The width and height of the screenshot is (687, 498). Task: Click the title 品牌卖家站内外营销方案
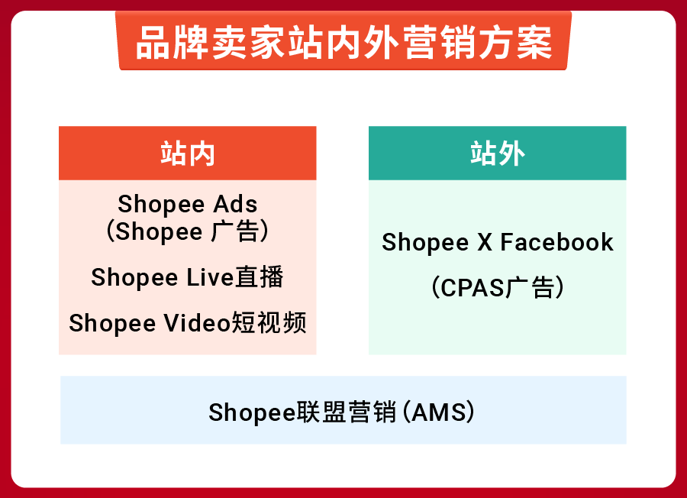[343, 44]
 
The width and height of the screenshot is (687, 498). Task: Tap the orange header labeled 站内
[188, 154]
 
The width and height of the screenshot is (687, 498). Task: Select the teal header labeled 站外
[497, 154]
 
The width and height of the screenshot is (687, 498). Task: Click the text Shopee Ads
[188, 204]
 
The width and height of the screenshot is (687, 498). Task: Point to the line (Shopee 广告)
[188, 231]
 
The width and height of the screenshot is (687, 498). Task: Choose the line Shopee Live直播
[188, 276]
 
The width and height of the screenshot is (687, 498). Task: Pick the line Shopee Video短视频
[188, 323]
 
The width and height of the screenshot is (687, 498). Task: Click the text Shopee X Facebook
[498, 242]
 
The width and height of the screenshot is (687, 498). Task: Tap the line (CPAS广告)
[498, 288]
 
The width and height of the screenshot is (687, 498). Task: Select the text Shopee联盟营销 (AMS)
[343, 412]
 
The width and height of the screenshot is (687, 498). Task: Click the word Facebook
[557, 242]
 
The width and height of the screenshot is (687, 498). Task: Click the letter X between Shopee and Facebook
[485, 242]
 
